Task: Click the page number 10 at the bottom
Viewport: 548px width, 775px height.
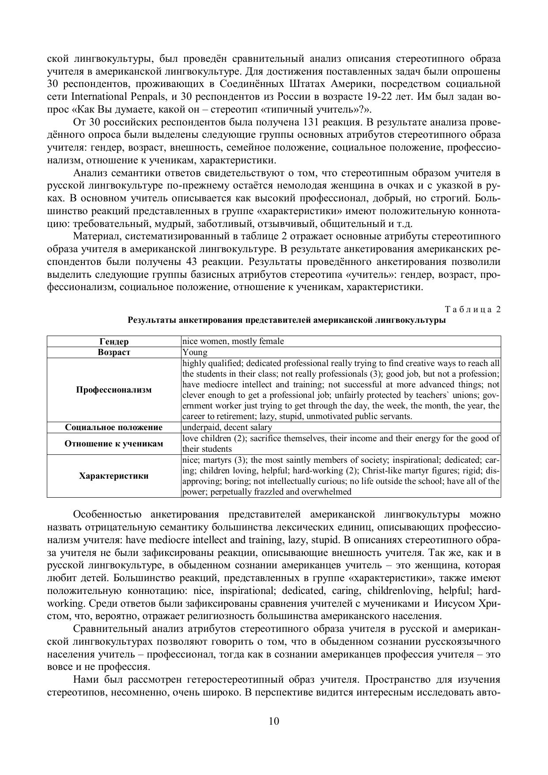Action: (274, 721)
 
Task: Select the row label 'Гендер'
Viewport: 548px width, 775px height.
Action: (114, 341)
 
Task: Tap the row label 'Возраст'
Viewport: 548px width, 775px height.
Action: (114, 352)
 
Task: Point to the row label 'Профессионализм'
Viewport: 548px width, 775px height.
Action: (114, 389)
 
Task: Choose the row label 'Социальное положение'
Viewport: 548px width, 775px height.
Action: (114, 427)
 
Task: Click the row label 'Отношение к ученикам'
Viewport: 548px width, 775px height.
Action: (114, 443)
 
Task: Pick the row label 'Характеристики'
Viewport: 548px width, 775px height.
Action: (114, 476)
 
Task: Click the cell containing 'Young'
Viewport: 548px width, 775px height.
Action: (195, 352)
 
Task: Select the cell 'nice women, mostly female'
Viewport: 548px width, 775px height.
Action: (233, 341)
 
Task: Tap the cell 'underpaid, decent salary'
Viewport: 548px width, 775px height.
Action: (227, 427)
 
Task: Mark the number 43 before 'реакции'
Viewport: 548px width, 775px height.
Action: (192, 261)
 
